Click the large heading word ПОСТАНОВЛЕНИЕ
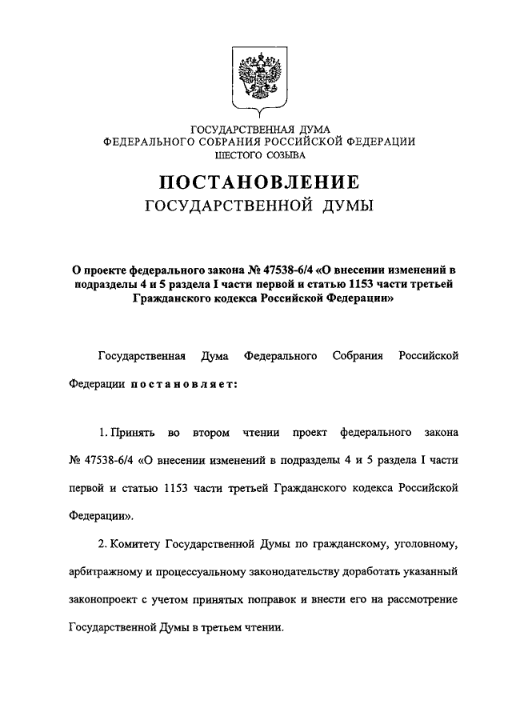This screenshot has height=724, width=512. (255, 182)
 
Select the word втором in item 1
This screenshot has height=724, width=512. (210, 433)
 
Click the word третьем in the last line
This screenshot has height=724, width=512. (226, 626)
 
